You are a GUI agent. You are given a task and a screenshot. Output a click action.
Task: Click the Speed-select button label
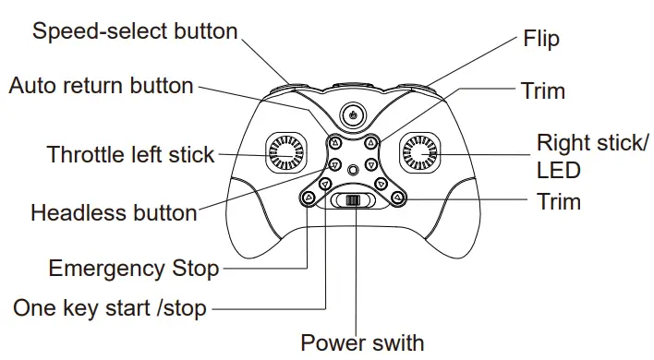135,31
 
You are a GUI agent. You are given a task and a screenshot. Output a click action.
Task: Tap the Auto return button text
102,86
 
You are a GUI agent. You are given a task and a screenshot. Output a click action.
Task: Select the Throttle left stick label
130,154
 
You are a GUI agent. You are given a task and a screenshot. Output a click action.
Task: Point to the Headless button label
114,213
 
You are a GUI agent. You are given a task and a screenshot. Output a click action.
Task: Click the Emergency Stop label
134,269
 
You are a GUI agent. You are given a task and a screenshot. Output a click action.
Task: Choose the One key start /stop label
110,307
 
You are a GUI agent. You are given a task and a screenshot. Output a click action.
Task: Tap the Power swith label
362,342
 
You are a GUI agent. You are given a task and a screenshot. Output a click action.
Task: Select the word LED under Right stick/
558,170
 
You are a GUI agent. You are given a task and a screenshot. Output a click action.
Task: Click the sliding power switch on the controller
352,201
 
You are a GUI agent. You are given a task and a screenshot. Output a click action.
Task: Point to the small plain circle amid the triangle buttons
352,170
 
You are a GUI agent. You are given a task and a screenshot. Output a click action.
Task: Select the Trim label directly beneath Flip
542,90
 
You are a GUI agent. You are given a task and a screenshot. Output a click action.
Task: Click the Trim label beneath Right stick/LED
559,200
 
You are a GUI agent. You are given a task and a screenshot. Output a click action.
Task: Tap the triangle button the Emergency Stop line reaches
307,197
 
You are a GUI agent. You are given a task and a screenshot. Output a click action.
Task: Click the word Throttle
86,154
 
